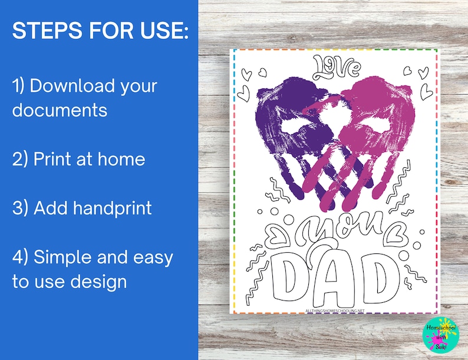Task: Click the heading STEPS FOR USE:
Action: [100, 32]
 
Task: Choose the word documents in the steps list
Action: [60, 110]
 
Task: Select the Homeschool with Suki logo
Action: [437, 335]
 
